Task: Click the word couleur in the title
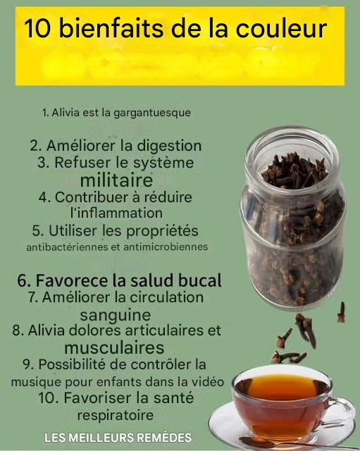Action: [282, 28]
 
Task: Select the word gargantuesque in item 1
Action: [152, 113]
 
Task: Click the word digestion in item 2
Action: [169, 146]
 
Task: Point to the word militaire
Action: [116, 180]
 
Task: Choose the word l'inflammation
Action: [116, 213]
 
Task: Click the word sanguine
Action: [116, 315]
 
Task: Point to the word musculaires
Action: [114, 347]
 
